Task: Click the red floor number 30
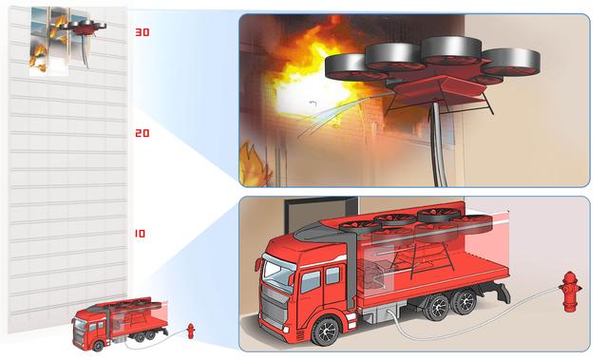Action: pyautogui.click(x=142, y=31)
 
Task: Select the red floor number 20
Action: pyautogui.click(x=142, y=133)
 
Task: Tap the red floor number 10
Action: pyautogui.click(x=140, y=234)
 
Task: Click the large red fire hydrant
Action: pyautogui.click(x=570, y=292)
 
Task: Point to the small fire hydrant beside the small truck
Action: pyautogui.click(x=190, y=331)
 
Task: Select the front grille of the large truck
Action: pyautogui.click(x=275, y=306)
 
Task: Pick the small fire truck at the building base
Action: pyautogui.click(x=120, y=322)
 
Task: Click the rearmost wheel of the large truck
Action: pyautogui.click(x=465, y=301)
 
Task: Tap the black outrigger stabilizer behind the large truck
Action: pyautogui.click(x=501, y=293)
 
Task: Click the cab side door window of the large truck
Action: pyautogui.click(x=311, y=282)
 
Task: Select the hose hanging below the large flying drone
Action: pyautogui.click(x=437, y=144)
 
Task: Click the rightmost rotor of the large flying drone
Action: pyautogui.click(x=511, y=62)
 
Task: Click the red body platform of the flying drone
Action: pyautogui.click(x=440, y=88)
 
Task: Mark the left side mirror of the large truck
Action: pyautogui.click(x=257, y=265)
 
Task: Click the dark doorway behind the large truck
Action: pyautogui.click(x=321, y=212)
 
